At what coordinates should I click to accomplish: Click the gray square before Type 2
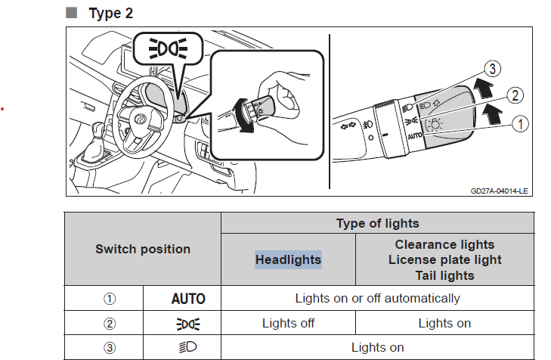[71, 13]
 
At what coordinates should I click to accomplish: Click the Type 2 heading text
[110, 14]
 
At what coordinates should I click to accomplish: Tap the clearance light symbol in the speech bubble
[168, 48]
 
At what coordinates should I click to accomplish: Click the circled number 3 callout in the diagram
[493, 69]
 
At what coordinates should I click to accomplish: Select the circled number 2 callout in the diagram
[515, 95]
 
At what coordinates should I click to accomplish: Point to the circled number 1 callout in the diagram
[521, 124]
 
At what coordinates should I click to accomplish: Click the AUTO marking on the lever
[415, 135]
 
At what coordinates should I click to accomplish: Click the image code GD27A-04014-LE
[499, 191]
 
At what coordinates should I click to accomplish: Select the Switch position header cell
[143, 249]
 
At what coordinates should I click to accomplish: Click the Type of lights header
[378, 223]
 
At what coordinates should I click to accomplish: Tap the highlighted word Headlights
[288, 259]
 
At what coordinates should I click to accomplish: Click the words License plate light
[445, 260]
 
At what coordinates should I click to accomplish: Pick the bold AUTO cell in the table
[188, 299]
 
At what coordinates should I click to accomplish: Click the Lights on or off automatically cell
[377, 298]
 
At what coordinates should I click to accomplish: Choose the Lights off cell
[288, 323]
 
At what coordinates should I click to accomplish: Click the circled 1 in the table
[110, 299]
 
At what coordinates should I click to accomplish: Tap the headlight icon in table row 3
[188, 347]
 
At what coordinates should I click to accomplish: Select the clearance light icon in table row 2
[188, 324]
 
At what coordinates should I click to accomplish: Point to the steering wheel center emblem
[141, 119]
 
